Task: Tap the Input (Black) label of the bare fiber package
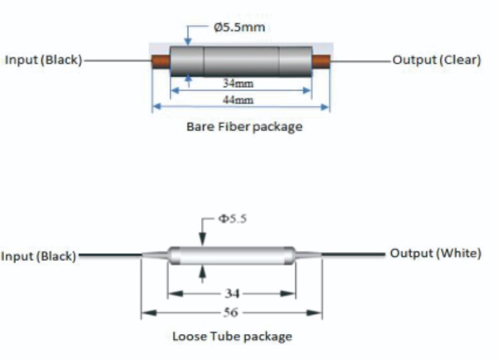coord(43,60)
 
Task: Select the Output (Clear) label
coord(436,60)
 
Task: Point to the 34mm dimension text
coord(238,84)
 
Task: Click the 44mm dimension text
coord(238,100)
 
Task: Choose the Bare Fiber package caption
coord(244,126)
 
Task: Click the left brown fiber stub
coord(160,61)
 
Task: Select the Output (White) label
coord(435,254)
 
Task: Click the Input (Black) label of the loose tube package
coord(39,256)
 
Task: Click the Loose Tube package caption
coord(232,336)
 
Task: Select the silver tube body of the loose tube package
coord(232,255)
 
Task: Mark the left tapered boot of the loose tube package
coord(154,254)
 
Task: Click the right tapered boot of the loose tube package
coord(309,254)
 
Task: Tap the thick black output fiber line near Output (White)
coord(359,254)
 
